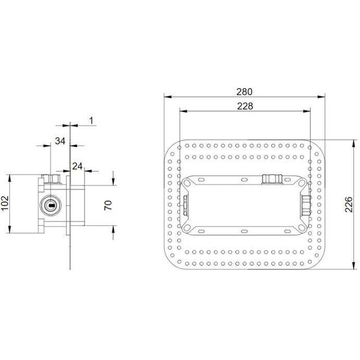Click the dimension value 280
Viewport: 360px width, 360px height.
click(x=244, y=91)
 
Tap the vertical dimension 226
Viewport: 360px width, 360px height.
click(x=349, y=205)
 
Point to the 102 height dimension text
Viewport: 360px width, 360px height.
click(x=6, y=203)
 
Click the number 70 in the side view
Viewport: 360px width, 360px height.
click(x=109, y=204)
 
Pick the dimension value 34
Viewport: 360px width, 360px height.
click(x=60, y=140)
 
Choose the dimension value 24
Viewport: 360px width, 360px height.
click(x=77, y=166)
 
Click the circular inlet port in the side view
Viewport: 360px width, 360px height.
click(x=51, y=205)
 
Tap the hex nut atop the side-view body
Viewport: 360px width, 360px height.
click(x=51, y=179)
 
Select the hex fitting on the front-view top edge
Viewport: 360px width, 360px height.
click(x=271, y=179)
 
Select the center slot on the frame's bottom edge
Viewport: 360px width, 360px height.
click(x=244, y=231)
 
